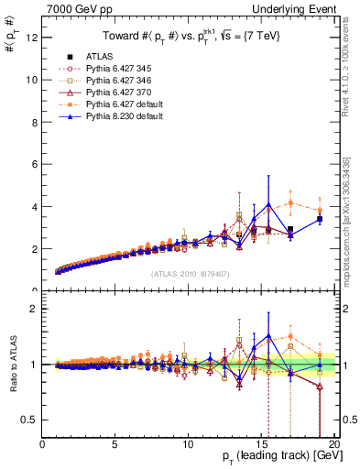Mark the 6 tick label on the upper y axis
pos(34,164)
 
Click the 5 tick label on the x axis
pos(115,445)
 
